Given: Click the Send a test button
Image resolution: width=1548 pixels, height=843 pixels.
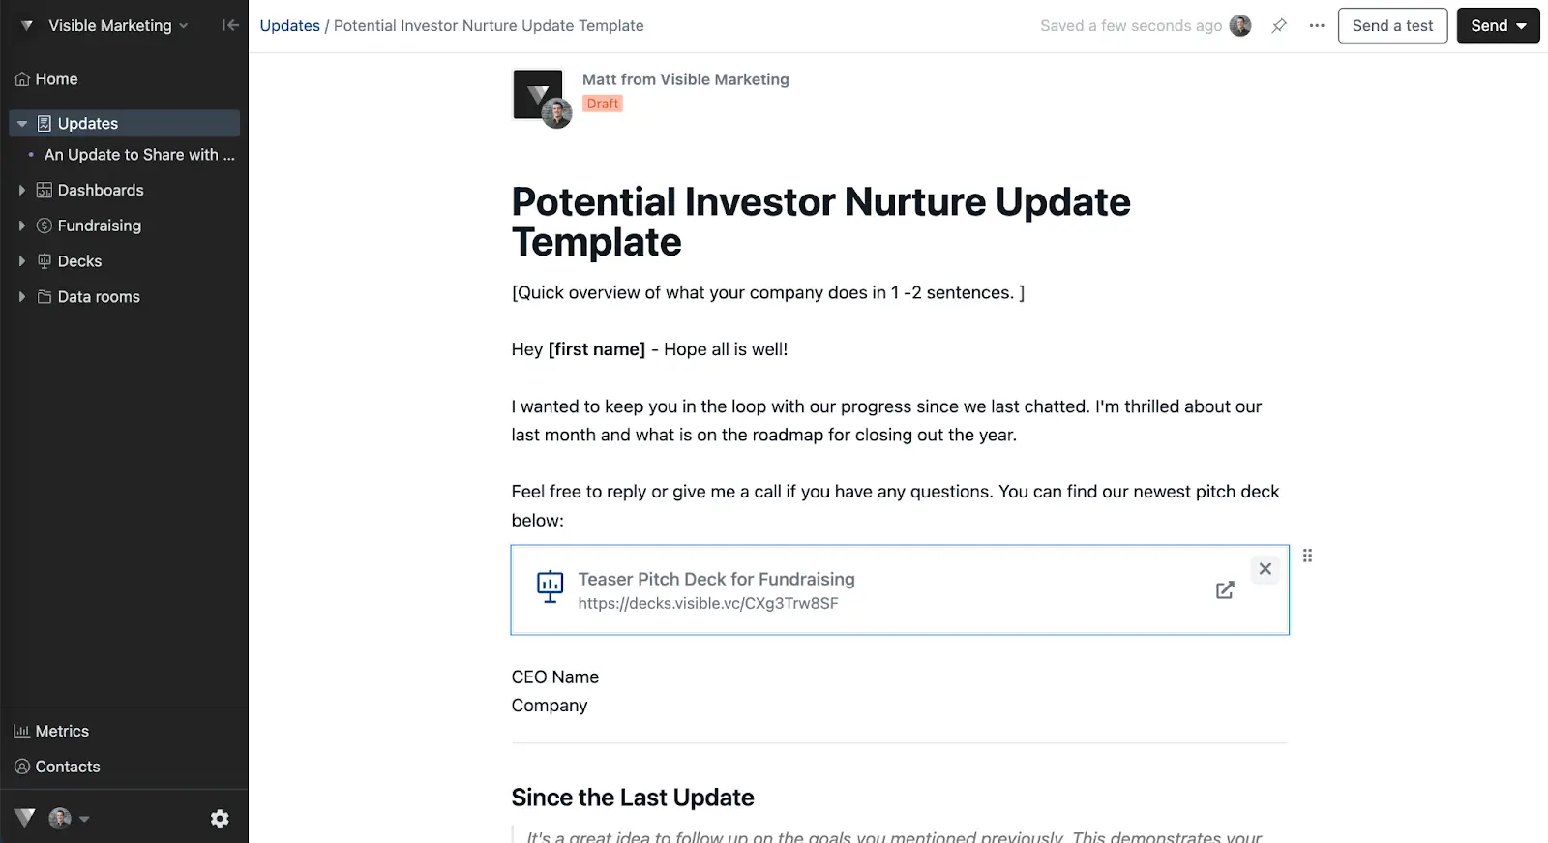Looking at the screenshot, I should (x=1392, y=26).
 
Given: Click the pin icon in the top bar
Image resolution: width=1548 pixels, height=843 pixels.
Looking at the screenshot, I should (x=1279, y=26).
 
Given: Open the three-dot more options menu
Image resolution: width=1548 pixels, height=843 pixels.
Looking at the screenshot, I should (x=1317, y=26).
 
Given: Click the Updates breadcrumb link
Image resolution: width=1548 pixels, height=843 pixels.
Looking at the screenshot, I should (x=289, y=26).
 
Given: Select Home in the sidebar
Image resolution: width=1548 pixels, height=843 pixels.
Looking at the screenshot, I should (x=56, y=79).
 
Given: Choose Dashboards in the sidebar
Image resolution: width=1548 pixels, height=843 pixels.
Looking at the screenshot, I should (x=100, y=191).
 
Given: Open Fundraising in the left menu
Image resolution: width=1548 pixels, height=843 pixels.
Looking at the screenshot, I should (x=99, y=226).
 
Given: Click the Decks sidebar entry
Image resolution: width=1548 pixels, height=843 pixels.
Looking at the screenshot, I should (x=79, y=261).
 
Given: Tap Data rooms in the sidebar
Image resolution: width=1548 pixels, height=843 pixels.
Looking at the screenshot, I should (x=99, y=297).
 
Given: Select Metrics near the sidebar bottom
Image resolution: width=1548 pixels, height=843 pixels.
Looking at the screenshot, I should (x=62, y=732).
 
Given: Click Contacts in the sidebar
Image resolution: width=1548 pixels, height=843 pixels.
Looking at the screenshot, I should (x=68, y=767).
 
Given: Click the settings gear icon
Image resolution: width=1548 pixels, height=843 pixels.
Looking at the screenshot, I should (x=220, y=819).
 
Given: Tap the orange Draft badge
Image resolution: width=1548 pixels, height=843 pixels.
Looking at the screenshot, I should (x=603, y=104).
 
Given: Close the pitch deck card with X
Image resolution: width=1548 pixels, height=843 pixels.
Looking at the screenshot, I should (x=1265, y=569).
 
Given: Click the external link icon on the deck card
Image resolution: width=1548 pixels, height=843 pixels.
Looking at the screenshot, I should (x=1225, y=590).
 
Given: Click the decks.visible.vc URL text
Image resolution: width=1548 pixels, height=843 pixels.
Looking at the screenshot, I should (x=708, y=603).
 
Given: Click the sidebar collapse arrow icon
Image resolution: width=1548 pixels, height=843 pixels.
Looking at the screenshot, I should (x=230, y=26).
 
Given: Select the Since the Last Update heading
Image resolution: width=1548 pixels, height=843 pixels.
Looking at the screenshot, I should (x=633, y=798).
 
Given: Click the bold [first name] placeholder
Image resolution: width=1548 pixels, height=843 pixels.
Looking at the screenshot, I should (x=597, y=349).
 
